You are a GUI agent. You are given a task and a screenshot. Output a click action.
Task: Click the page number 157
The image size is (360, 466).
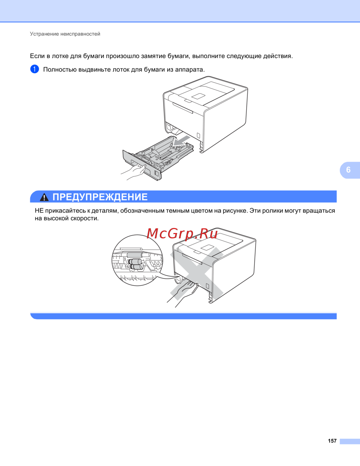(x=332, y=441)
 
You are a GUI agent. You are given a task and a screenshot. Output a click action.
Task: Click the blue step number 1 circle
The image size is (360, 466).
(x=35, y=69)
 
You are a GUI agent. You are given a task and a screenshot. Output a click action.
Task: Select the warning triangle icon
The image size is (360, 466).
(x=44, y=197)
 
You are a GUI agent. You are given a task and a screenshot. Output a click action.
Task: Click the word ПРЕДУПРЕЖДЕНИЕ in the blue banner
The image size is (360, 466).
(x=100, y=197)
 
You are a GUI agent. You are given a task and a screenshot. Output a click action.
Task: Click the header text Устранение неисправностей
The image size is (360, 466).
(x=65, y=34)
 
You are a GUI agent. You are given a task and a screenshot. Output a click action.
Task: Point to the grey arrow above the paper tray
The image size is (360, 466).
(x=182, y=141)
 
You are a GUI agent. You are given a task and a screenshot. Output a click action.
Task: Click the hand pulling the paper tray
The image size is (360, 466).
(x=133, y=172)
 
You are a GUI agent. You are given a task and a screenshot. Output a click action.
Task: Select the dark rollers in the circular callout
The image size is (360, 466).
(x=134, y=264)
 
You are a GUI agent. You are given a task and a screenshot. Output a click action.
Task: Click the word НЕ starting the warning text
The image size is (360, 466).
(x=39, y=211)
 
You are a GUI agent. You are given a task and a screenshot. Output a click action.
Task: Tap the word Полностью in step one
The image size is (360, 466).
(x=60, y=70)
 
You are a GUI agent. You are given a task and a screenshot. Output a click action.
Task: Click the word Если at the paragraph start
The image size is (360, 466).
(x=37, y=56)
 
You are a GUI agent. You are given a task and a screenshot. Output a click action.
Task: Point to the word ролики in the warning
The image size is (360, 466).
(x=273, y=211)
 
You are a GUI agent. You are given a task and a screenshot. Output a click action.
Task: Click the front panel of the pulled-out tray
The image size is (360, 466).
(x=141, y=165)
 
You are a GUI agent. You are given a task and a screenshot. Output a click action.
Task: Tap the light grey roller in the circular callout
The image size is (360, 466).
(x=135, y=255)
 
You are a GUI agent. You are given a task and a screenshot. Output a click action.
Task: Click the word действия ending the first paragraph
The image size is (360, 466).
(x=278, y=56)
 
